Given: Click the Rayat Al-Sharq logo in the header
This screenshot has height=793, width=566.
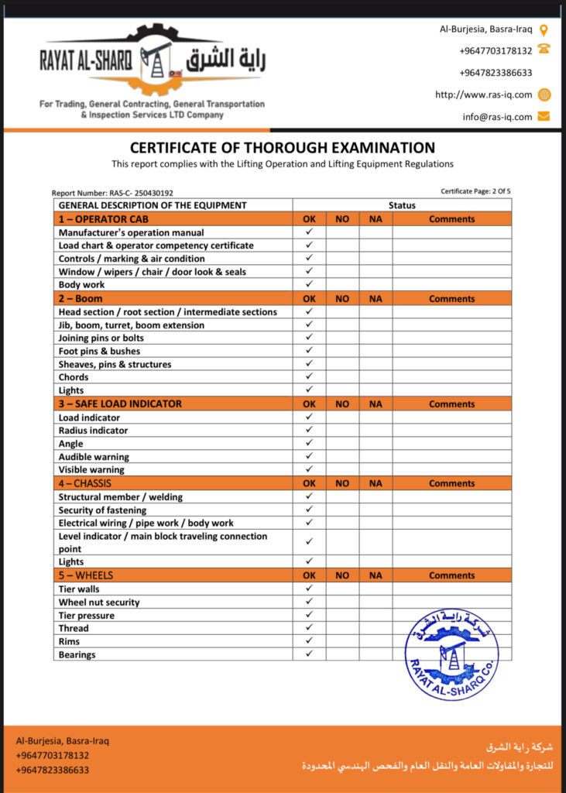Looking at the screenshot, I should coord(153,62).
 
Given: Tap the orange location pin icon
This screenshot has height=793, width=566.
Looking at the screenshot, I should coord(544,30).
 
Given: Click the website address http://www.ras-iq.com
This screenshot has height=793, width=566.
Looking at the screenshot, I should coord(484,95).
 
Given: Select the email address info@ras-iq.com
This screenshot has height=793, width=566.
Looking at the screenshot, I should coord(498,117).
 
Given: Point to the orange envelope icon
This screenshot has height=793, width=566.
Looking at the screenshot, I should coord(544,117).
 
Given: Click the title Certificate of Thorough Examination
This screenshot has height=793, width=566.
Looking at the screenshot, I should coord(283,148).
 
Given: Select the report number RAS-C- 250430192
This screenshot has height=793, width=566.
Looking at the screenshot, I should coord(113,193).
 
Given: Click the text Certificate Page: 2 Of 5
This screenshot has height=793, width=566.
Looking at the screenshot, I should coord(475,191).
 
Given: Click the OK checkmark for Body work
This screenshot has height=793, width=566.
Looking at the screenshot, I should coord(309,284).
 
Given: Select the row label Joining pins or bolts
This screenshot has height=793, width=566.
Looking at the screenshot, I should coord(101,338).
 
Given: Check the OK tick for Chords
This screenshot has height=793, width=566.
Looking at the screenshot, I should coord(309,376).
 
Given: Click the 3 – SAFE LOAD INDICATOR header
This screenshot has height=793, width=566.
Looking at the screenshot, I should coord(120,404).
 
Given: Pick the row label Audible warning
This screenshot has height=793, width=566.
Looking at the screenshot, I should coord(94,457).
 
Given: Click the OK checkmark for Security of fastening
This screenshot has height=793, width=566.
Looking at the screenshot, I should coord(309,510).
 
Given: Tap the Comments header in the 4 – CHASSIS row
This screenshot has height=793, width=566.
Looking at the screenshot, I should coord(451,483).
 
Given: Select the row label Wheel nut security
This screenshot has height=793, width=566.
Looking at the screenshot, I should coord(99,602).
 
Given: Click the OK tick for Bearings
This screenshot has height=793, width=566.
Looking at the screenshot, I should coord(309,654).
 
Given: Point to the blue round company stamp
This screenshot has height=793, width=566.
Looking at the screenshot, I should coord(451,655).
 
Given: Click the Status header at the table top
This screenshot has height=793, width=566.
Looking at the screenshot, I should coord(402,205).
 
